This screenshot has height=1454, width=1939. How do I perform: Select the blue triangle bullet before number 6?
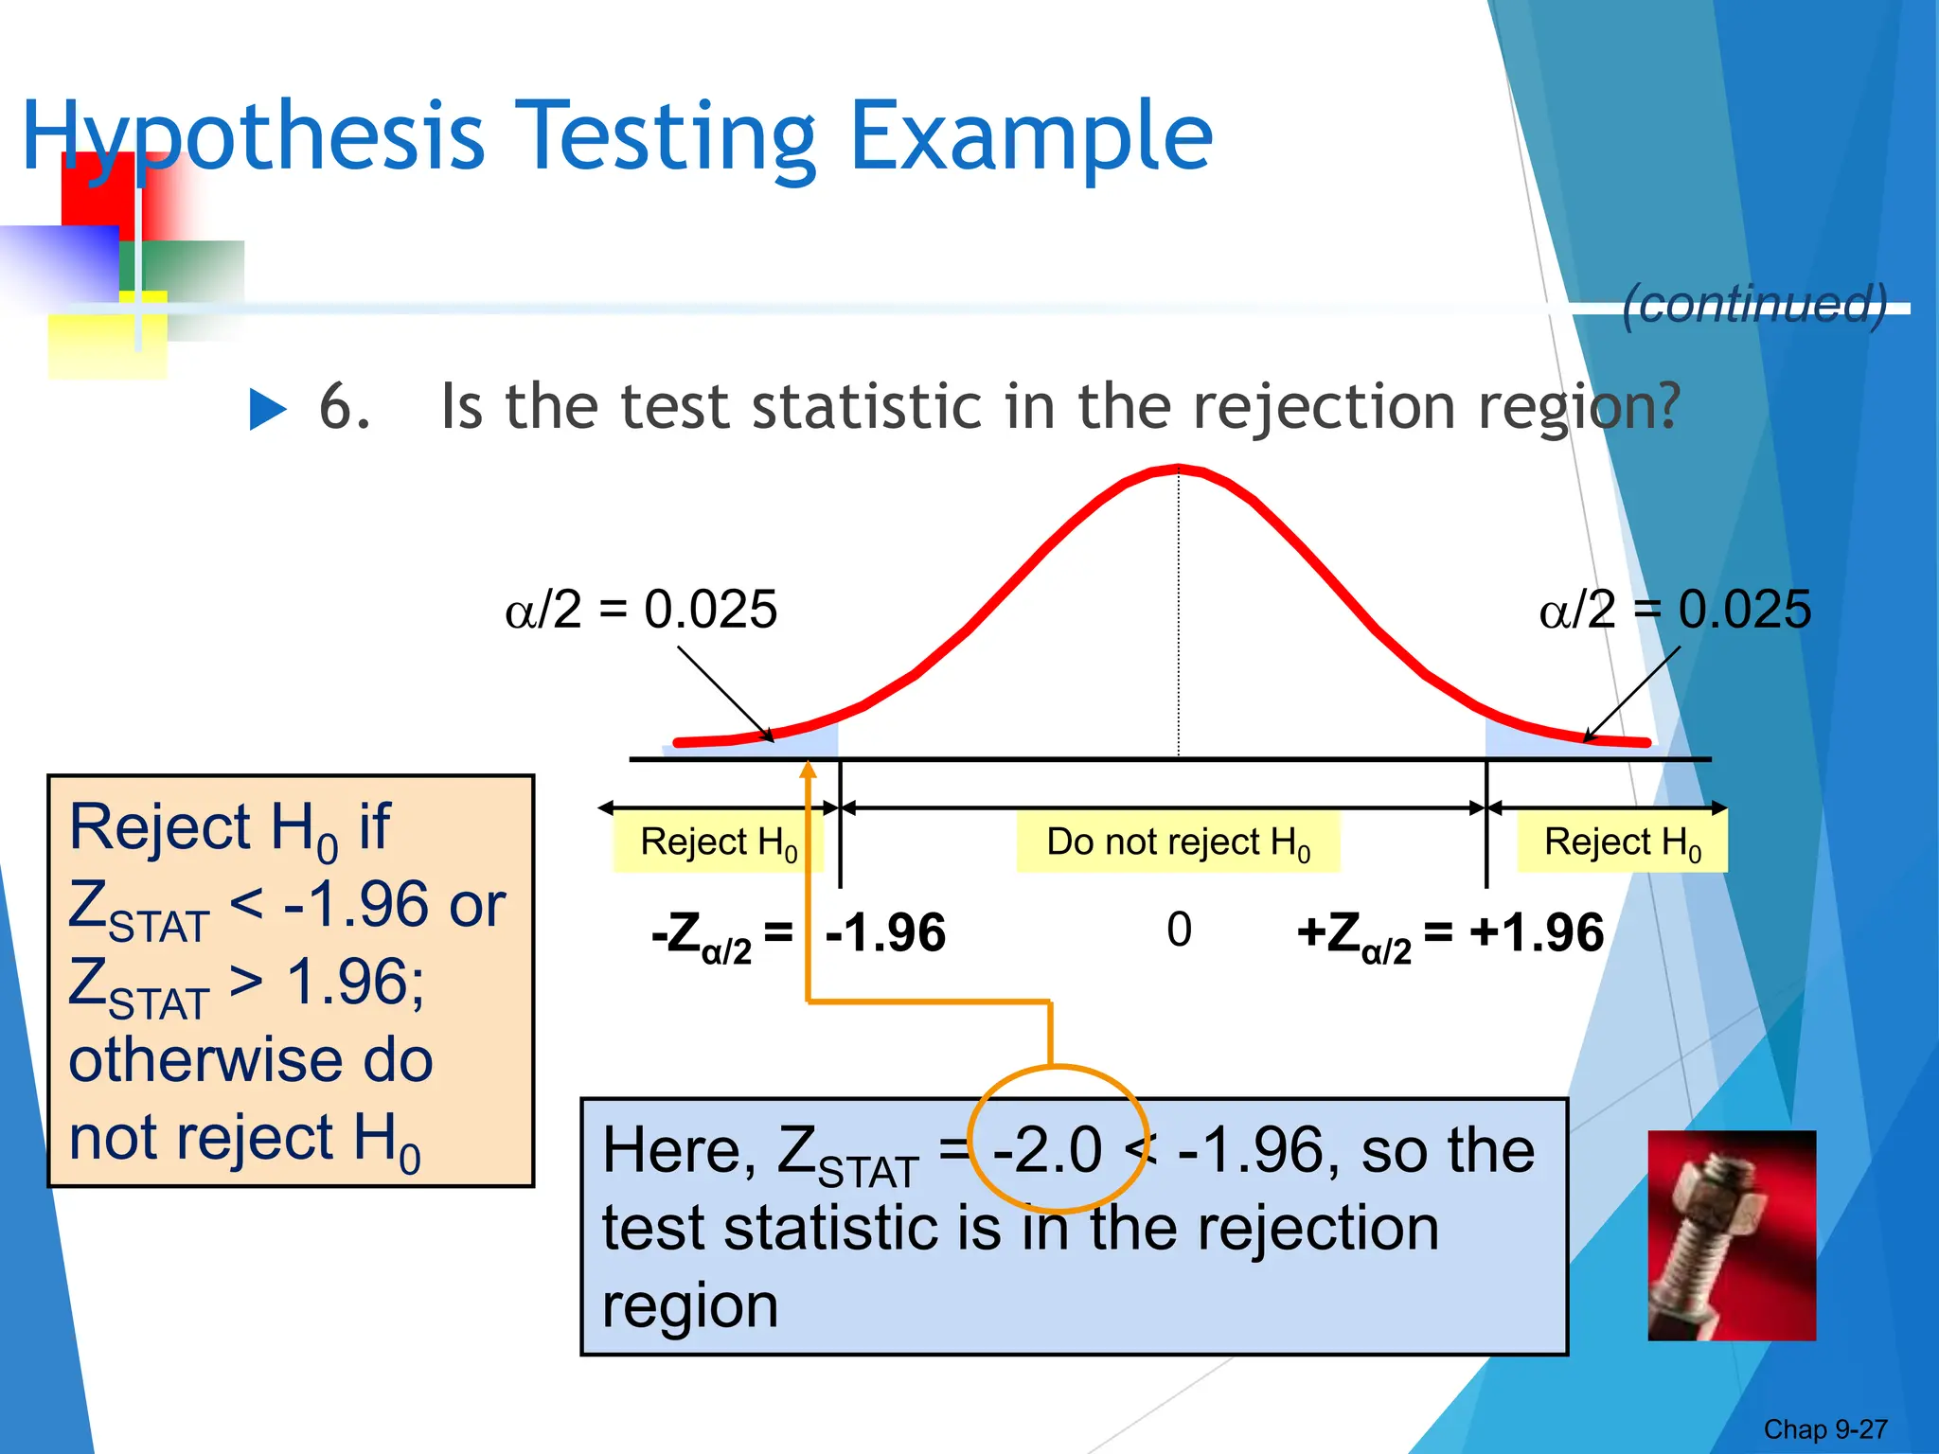point(268,410)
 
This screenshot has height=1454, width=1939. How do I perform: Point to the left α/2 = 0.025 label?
point(641,609)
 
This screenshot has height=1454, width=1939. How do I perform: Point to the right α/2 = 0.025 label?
point(1674,609)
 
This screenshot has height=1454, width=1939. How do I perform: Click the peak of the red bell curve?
point(1178,468)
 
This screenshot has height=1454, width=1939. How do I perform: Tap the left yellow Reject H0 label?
point(718,842)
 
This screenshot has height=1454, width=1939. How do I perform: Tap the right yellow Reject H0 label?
point(1622,842)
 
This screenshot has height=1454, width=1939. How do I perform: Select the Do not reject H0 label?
point(1178,842)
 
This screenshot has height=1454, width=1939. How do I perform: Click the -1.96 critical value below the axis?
point(885,933)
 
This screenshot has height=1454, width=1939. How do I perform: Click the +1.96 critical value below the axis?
point(1536,933)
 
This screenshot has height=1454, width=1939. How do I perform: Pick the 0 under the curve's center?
point(1179,930)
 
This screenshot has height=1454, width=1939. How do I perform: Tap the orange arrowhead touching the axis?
point(808,770)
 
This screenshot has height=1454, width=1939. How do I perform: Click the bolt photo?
point(1732,1235)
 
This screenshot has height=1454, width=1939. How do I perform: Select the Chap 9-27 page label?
point(1824,1429)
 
